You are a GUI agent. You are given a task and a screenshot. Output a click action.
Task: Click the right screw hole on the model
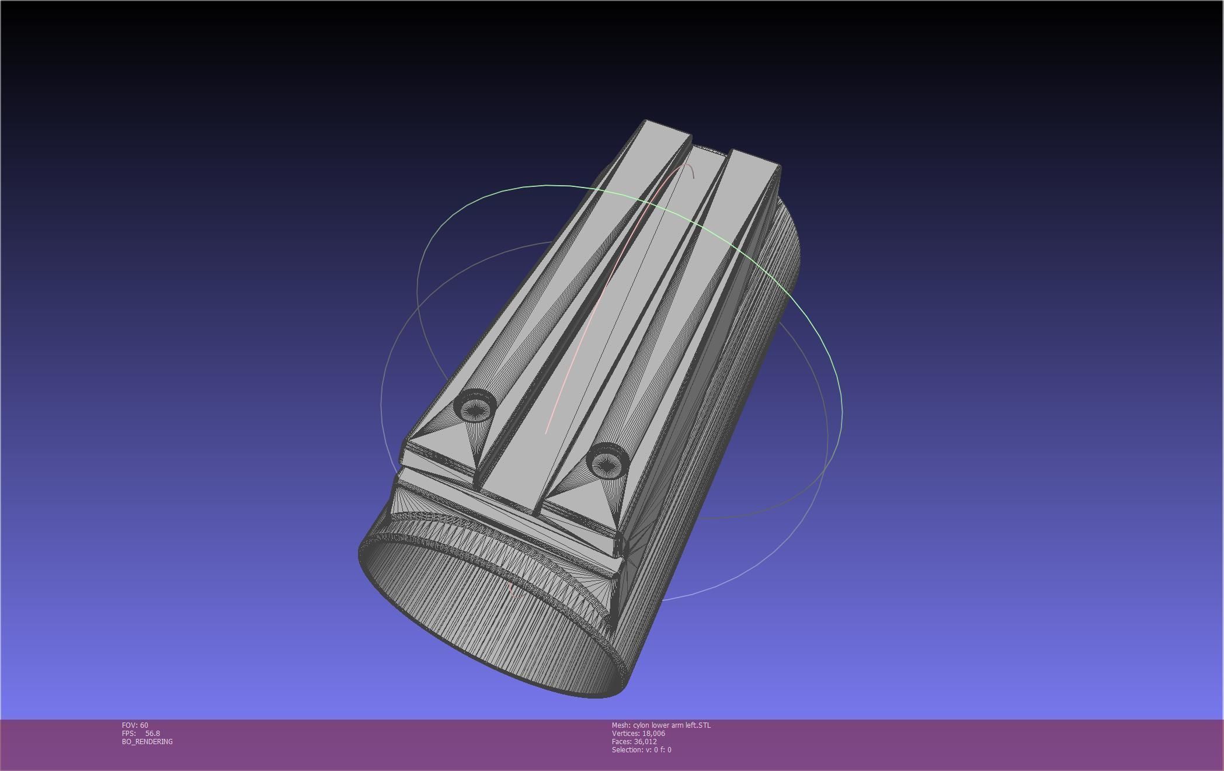(x=607, y=461)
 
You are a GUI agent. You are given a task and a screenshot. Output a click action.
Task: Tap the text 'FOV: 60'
(x=135, y=725)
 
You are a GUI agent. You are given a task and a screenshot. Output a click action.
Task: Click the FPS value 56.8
(x=152, y=734)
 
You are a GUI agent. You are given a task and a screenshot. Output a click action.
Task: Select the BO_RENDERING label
(x=147, y=742)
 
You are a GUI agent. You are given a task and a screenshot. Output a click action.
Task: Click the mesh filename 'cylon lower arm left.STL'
(x=672, y=725)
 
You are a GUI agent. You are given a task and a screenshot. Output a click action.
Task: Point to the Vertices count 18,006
(x=653, y=734)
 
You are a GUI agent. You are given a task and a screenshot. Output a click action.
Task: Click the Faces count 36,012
(x=645, y=742)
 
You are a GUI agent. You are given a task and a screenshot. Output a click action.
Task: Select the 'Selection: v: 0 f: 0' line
(x=641, y=750)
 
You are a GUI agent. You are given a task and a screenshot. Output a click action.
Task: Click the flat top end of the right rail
(x=754, y=158)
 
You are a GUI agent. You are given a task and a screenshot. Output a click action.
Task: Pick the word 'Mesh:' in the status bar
(x=621, y=725)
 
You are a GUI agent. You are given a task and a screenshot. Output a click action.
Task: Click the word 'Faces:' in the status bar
(x=622, y=742)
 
